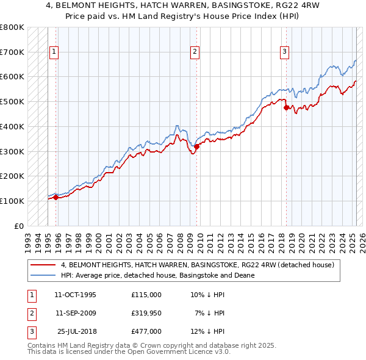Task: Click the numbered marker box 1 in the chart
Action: click(54, 52)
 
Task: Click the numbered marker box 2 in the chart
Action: click(195, 52)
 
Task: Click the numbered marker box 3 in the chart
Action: click(284, 52)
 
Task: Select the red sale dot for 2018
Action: click(286, 107)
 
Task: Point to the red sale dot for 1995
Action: click(56, 197)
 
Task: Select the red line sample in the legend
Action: click(43, 265)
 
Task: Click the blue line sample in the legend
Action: click(43, 275)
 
